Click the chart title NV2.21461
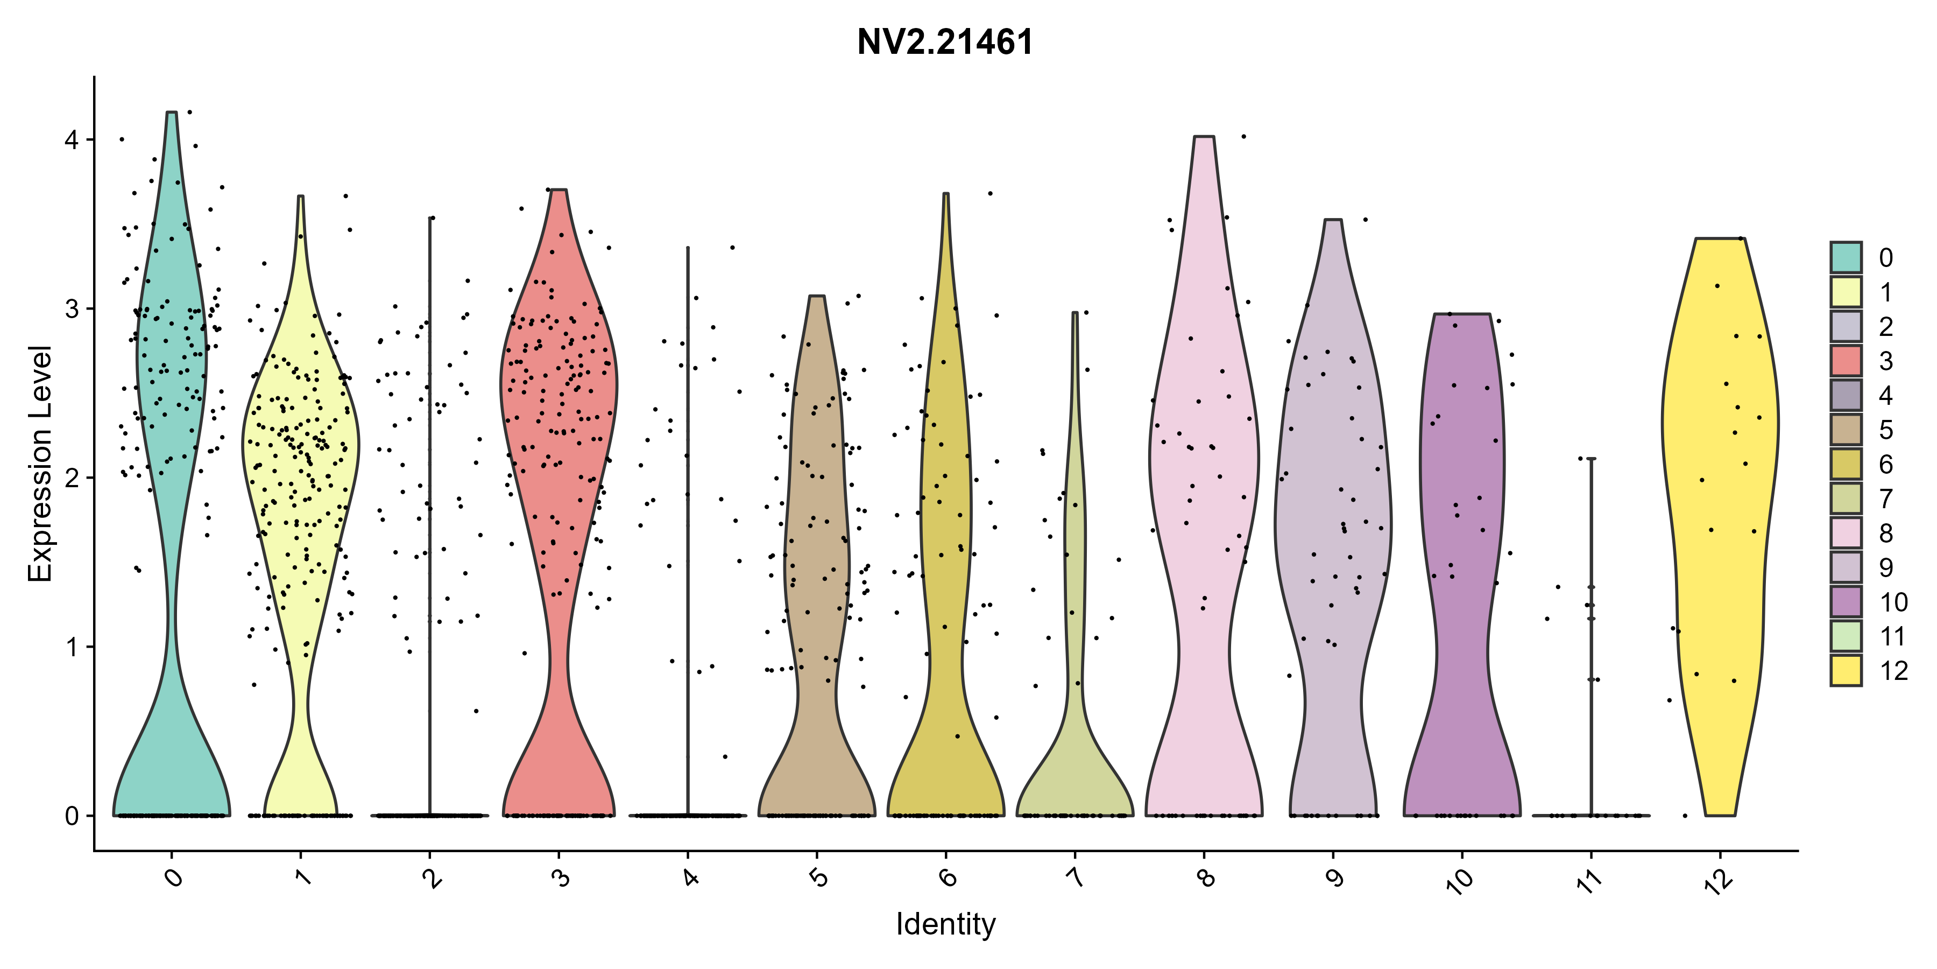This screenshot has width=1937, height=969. pyautogui.click(x=945, y=42)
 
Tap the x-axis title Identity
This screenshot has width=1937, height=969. pyautogui.click(x=945, y=924)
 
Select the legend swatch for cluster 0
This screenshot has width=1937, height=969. pyautogui.click(x=1846, y=257)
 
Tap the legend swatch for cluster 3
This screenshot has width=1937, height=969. pyautogui.click(x=1846, y=360)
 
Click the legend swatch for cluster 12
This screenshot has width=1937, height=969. pyautogui.click(x=1846, y=670)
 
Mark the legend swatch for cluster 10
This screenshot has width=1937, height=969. pyautogui.click(x=1846, y=601)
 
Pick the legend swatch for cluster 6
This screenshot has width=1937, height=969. pyautogui.click(x=1846, y=464)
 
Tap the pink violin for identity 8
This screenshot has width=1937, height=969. pyautogui.click(x=1204, y=452)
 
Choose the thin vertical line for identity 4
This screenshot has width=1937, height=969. pyautogui.click(x=687, y=530)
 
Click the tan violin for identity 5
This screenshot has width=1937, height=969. pyautogui.click(x=817, y=526)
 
